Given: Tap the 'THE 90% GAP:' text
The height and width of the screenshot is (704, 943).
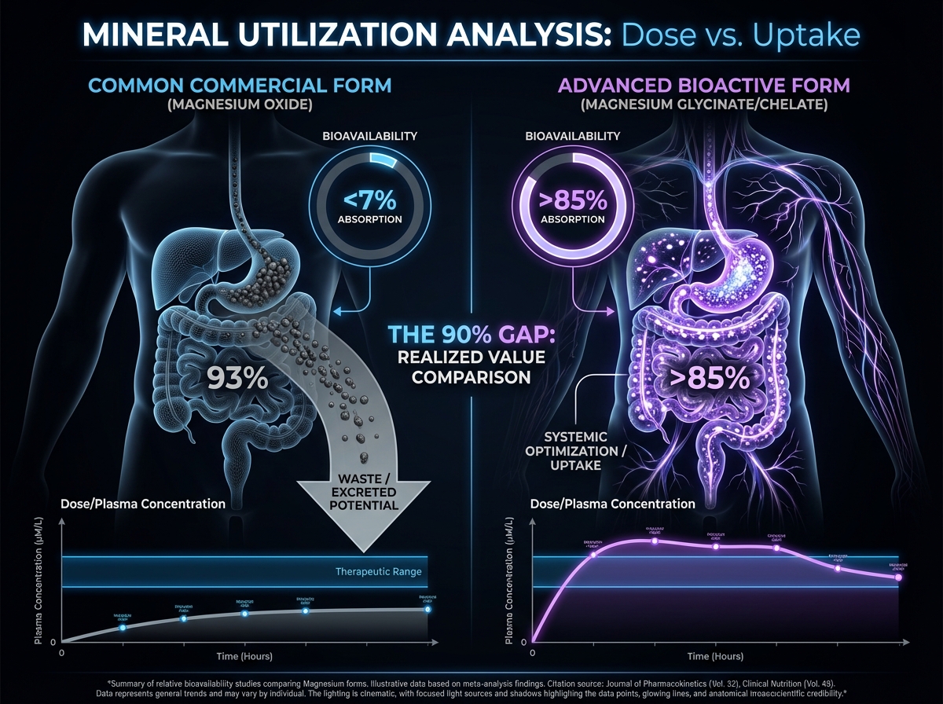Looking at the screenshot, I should pos(471,334).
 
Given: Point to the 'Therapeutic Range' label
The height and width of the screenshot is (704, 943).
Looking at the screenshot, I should pos(379,571).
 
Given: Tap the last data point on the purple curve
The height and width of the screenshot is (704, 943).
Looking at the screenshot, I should pos(899,577).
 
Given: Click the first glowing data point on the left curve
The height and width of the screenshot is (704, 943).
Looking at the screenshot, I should pos(123,627).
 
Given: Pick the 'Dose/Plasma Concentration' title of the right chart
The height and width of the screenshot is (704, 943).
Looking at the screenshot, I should pos(614,504).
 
